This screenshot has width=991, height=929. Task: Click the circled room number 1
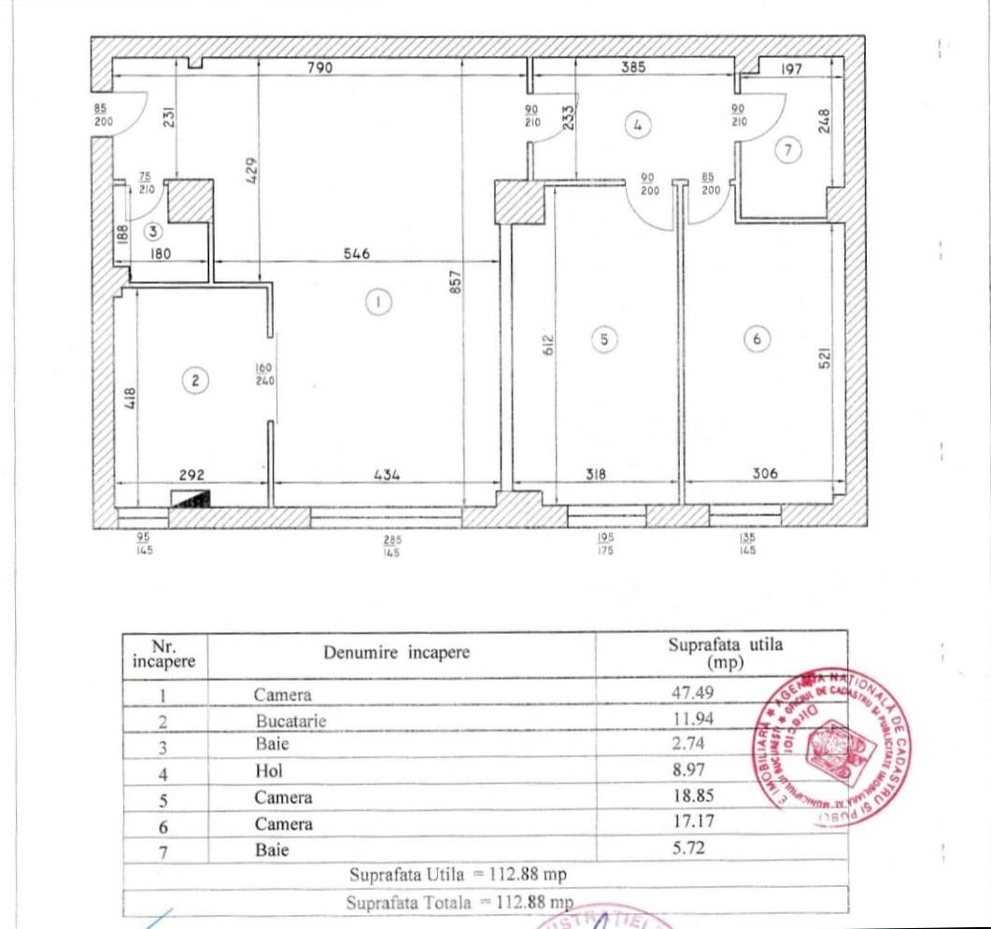tap(377, 302)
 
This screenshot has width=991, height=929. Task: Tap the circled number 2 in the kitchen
tap(195, 380)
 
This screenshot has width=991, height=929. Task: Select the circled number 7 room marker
tap(790, 150)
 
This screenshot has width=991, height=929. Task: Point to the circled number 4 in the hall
tap(639, 125)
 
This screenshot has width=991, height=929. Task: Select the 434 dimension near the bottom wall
tap(386, 474)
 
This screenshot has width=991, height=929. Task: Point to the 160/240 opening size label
tap(262, 373)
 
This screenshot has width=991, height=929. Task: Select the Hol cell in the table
tap(268, 772)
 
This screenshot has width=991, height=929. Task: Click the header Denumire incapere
tap(397, 653)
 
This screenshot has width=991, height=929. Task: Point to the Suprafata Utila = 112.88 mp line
tap(458, 875)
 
